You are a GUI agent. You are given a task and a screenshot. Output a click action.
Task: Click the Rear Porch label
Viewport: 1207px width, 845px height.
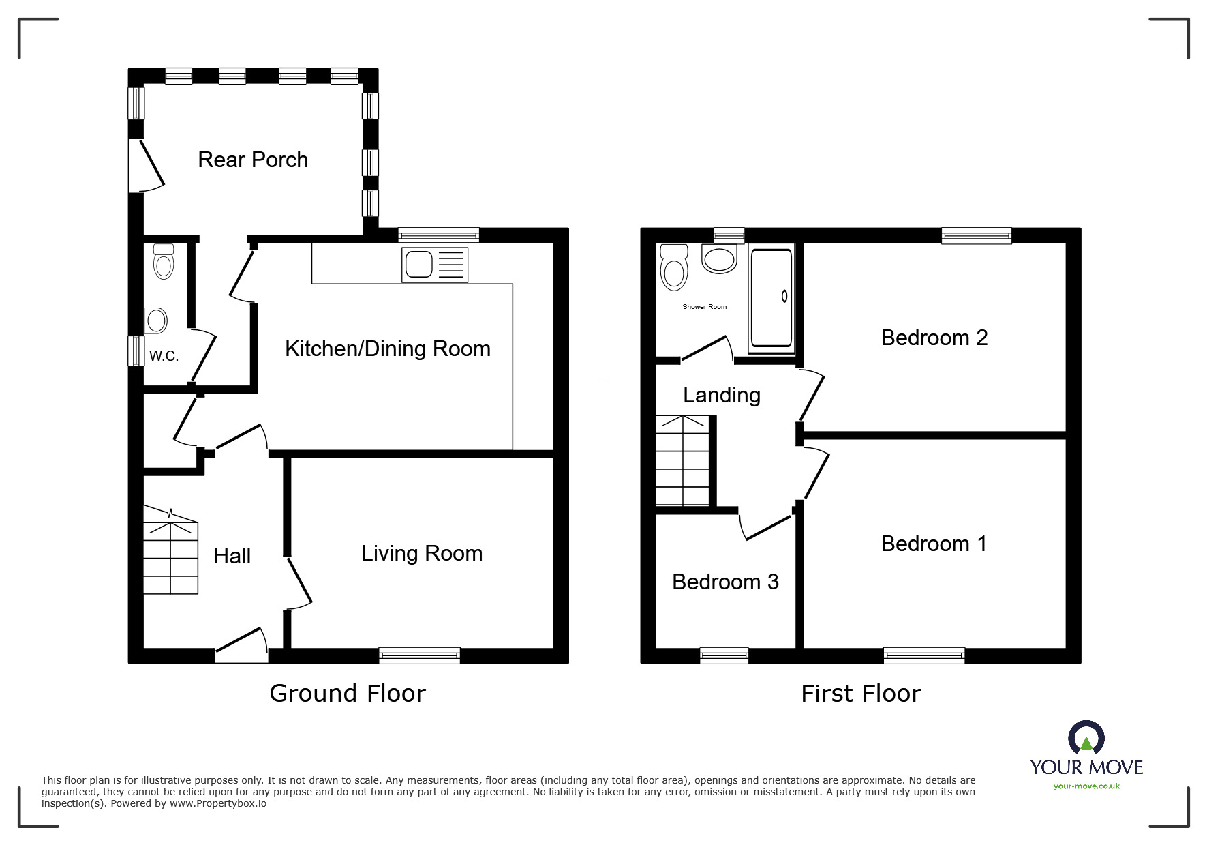click(x=253, y=160)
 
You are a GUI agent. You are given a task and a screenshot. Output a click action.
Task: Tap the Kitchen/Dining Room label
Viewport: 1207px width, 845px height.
click(x=388, y=349)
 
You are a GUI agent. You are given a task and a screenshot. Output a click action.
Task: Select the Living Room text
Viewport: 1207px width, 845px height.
click(x=422, y=553)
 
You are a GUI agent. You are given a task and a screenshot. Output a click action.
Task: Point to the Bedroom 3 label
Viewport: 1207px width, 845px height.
click(x=725, y=582)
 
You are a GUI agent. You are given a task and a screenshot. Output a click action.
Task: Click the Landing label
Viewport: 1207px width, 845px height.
click(x=722, y=396)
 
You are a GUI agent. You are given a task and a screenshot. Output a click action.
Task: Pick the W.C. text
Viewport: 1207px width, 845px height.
click(x=164, y=356)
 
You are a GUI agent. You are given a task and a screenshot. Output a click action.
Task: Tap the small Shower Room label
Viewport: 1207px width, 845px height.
click(x=705, y=307)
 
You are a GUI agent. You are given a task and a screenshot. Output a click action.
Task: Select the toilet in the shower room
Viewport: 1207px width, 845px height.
click(x=673, y=267)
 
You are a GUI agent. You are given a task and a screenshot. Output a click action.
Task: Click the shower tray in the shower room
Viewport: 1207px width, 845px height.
click(x=771, y=298)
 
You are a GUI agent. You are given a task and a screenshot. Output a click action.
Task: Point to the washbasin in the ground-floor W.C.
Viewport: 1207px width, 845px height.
click(x=156, y=320)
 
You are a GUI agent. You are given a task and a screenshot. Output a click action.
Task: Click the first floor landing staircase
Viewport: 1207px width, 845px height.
click(x=682, y=460)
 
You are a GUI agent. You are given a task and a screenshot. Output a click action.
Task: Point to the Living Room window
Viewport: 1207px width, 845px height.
click(x=419, y=655)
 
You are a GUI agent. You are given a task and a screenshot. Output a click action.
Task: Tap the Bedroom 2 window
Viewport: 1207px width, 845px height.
click(x=977, y=236)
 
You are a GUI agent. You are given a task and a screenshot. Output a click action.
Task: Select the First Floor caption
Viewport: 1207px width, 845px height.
click(x=861, y=694)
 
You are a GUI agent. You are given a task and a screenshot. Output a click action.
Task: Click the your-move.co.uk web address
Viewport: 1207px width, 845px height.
click(x=1086, y=786)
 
